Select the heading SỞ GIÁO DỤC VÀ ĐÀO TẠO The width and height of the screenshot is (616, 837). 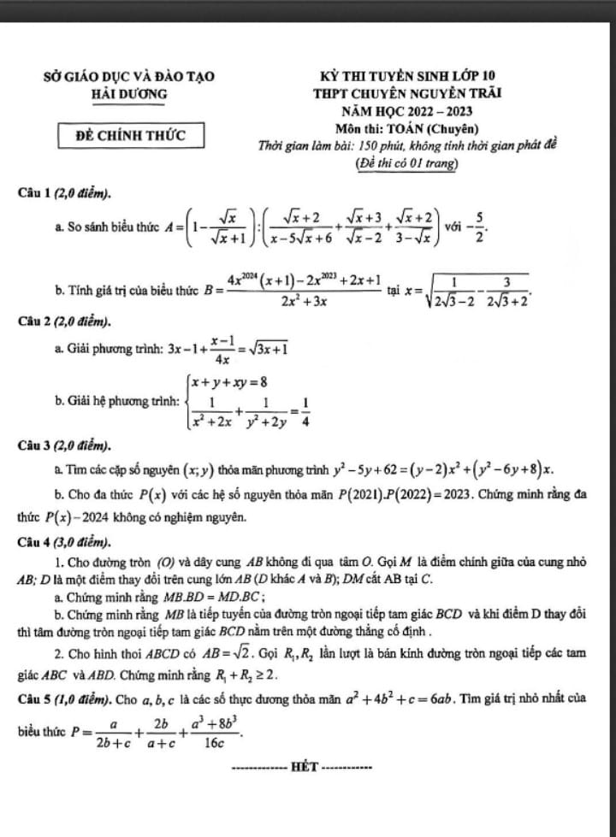[129, 76]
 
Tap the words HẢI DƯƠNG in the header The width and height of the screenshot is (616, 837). [129, 92]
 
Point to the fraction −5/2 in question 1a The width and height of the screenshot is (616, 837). [481, 229]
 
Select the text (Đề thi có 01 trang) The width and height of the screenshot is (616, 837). [406, 162]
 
